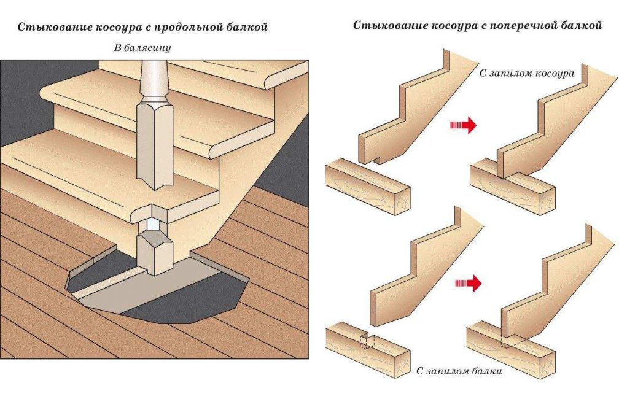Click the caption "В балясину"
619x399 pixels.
coord(142,47)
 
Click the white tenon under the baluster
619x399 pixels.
coord(152,222)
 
